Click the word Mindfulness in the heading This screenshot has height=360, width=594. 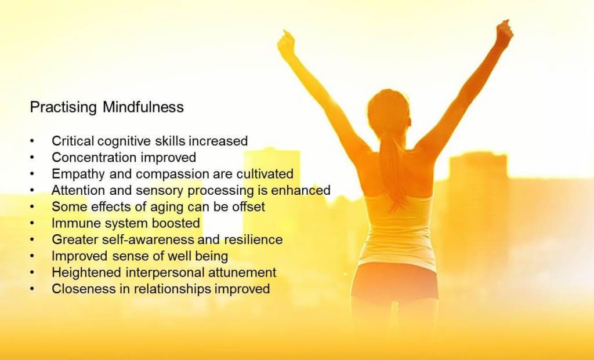tap(143, 107)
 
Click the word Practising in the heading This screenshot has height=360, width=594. tap(63, 107)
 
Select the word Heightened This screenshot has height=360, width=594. tap(86, 273)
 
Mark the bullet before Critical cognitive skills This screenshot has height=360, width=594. tap(32, 141)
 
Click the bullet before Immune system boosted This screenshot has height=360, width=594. tap(32, 224)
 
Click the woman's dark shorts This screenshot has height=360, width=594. tap(394, 281)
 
